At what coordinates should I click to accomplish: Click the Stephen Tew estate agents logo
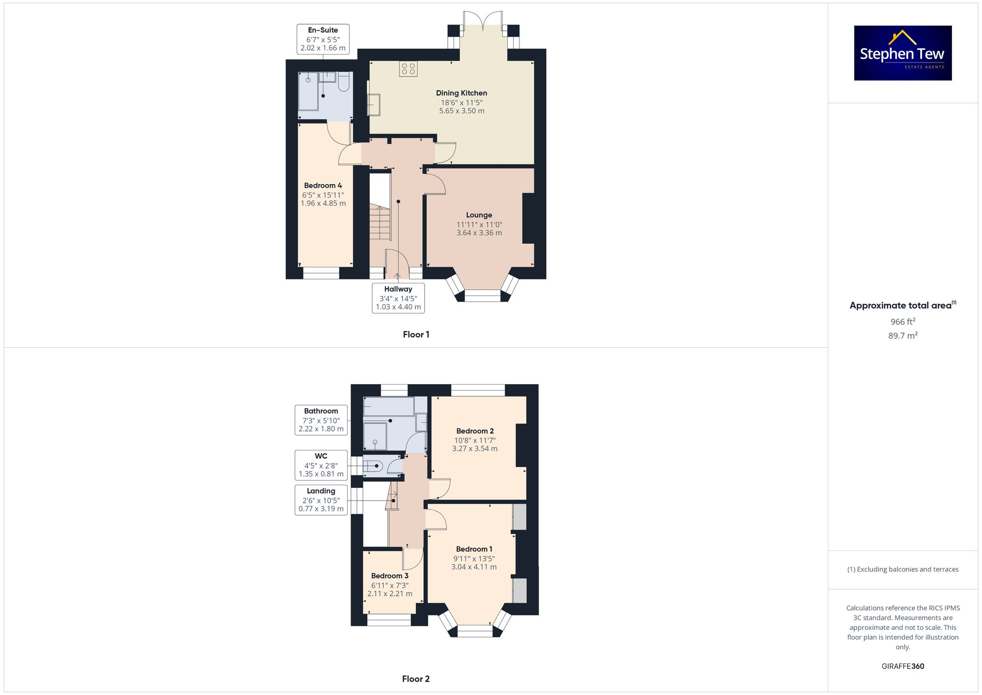pyautogui.click(x=902, y=53)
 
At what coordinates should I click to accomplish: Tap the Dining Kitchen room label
pyautogui.click(x=462, y=93)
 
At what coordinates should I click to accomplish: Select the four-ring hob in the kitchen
pyautogui.click(x=408, y=69)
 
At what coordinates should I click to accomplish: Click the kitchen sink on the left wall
pyautogui.click(x=374, y=105)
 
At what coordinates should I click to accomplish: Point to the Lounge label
pyautogui.click(x=479, y=215)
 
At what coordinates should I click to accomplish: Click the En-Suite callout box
pyautogui.click(x=323, y=39)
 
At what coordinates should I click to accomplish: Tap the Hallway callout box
pyautogui.click(x=398, y=298)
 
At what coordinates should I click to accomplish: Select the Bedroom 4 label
pyautogui.click(x=323, y=186)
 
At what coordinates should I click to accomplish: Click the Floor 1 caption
pyautogui.click(x=416, y=334)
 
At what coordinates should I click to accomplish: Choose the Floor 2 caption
pyautogui.click(x=416, y=679)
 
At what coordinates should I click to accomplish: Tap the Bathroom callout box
pyautogui.click(x=321, y=420)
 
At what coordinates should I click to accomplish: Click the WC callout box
pyautogui.click(x=321, y=465)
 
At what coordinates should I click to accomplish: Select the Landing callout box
pyautogui.click(x=321, y=500)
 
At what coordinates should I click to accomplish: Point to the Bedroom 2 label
pyautogui.click(x=475, y=431)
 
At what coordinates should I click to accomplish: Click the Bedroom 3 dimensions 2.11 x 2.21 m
pyautogui.click(x=390, y=593)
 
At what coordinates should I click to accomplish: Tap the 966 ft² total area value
pyautogui.click(x=902, y=322)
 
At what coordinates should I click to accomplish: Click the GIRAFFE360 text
pyautogui.click(x=902, y=666)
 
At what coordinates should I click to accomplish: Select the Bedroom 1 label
pyautogui.click(x=474, y=549)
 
